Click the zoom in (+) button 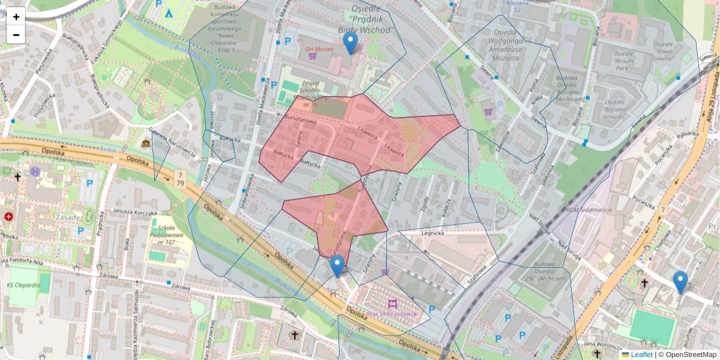pyautogui.click(x=16, y=17)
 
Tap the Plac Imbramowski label pyautogui.click(x=393, y=313)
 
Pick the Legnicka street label pyautogui.click(x=431, y=233)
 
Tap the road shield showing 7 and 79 pyautogui.click(x=179, y=178)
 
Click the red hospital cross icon pyautogui.click(x=8, y=217)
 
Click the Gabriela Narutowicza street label pyautogui.click(x=173, y=144)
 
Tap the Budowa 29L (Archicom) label pyautogui.click(x=544, y=274)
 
